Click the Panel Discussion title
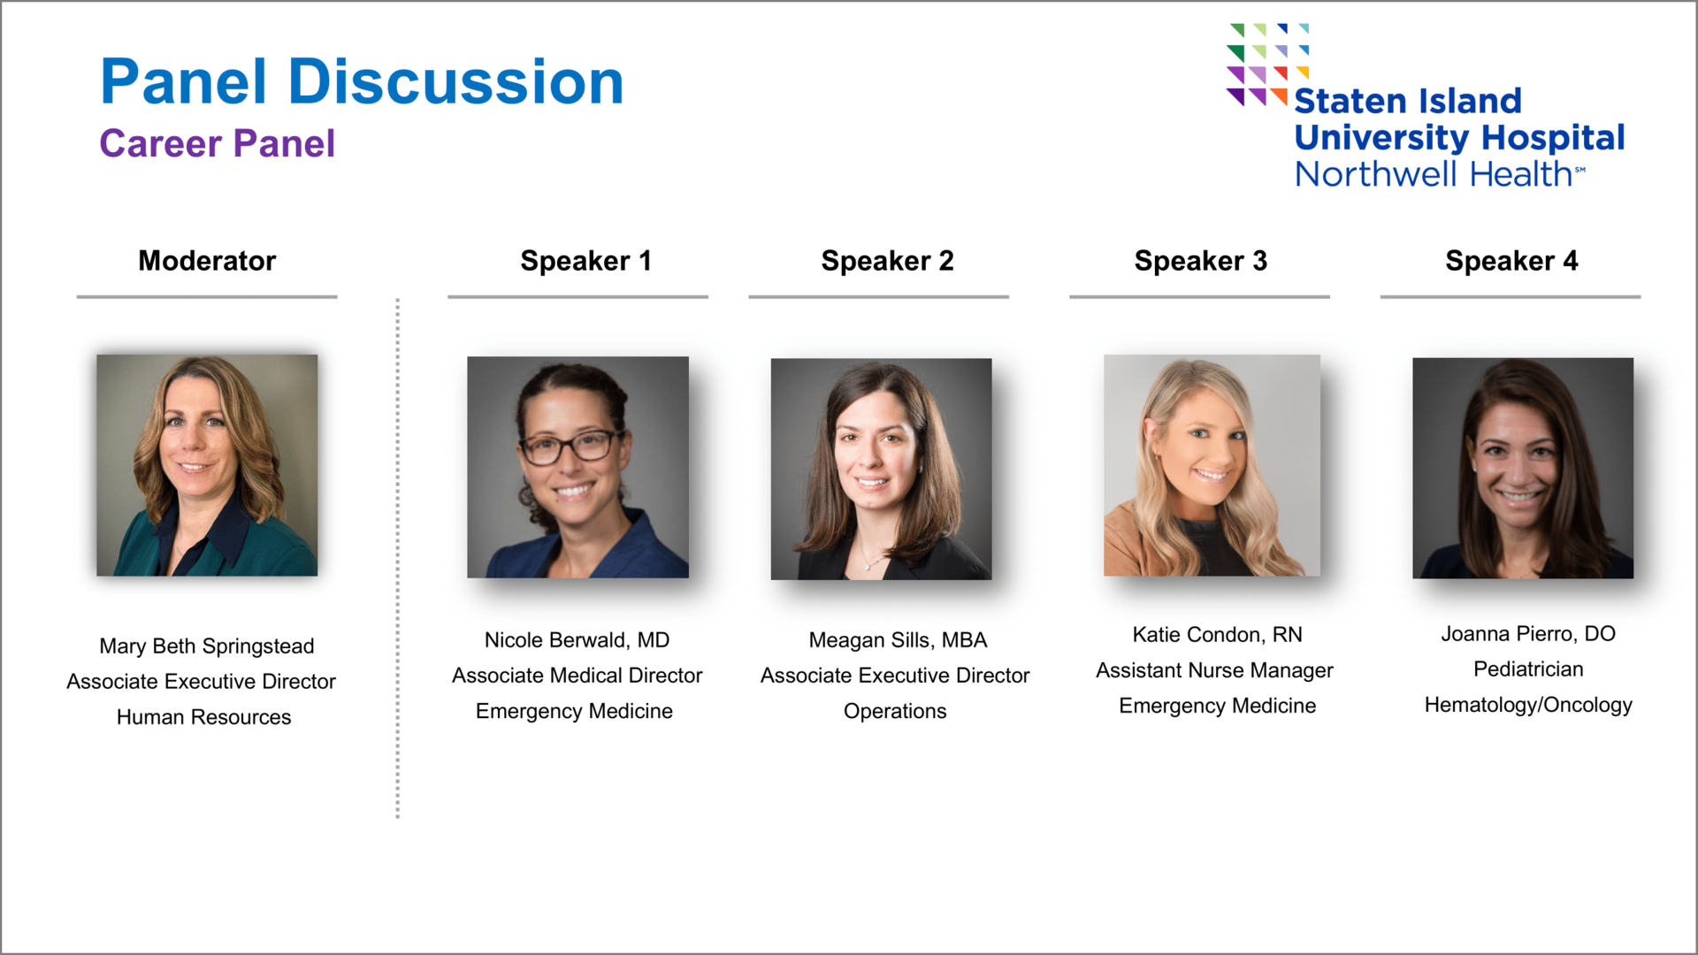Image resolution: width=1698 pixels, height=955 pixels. [x=362, y=81]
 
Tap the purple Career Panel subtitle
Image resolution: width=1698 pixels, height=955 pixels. [x=218, y=143]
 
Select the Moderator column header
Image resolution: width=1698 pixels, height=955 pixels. [x=207, y=261]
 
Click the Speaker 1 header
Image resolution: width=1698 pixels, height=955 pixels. [x=585, y=261]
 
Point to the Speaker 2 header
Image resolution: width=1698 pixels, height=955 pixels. [x=887, y=261]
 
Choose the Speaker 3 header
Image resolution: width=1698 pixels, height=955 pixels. [x=1200, y=261]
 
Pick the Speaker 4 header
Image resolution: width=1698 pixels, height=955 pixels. [x=1511, y=261]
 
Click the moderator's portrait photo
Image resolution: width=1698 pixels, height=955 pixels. [x=207, y=465]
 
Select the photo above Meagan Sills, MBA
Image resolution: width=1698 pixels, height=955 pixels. [x=881, y=469]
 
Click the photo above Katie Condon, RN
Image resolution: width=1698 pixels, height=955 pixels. [x=1212, y=465]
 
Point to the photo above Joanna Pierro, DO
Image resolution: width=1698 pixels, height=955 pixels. [x=1523, y=468]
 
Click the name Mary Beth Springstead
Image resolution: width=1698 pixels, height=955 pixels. [x=207, y=646]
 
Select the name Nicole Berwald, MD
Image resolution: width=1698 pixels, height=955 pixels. [x=577, y=640]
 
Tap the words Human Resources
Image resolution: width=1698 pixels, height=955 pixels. [x=203, y=717]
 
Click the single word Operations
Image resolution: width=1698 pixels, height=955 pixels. [x=895, y=712]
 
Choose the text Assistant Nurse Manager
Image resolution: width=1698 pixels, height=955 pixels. [x=1214, y=670]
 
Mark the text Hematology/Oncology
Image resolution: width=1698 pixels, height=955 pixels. [x=1528, y=705]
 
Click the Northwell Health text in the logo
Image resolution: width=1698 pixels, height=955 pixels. [x=1440, y=174]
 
